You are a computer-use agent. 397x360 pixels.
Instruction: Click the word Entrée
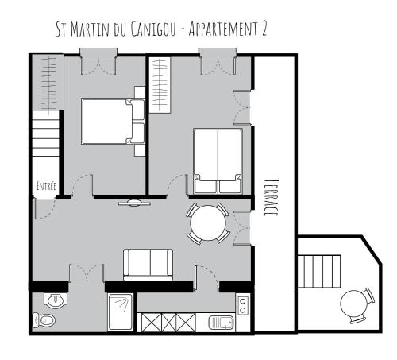click(46, 186)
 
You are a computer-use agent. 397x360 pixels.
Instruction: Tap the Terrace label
click(272, 197)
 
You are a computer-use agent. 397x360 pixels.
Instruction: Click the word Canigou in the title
click(153, 29)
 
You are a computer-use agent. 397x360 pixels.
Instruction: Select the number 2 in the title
click(264, 29)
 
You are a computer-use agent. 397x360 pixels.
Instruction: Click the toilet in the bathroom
click(44, 320)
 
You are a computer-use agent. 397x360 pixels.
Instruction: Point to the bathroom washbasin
click(56, 300)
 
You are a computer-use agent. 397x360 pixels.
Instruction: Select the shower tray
click(121, 312)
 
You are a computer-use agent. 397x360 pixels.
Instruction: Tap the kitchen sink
click(221, 323)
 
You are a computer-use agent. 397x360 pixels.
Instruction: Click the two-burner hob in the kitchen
click(243, 305)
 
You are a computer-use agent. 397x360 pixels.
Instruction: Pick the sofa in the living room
click(148, 265)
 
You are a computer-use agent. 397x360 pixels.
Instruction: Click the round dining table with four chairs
click(208, 223)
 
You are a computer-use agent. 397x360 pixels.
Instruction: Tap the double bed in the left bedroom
click(113, 122)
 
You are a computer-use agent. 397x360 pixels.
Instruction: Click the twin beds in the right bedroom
click(218, 161)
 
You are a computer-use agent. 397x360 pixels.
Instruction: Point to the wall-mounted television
click(134, 203)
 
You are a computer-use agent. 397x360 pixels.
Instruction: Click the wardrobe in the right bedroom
click(160, 85)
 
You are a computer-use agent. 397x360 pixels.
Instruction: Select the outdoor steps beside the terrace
click(319, 271)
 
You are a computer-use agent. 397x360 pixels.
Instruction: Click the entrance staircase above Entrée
click(45, 134)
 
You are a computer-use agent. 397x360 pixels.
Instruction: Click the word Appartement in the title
click(222, 29)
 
